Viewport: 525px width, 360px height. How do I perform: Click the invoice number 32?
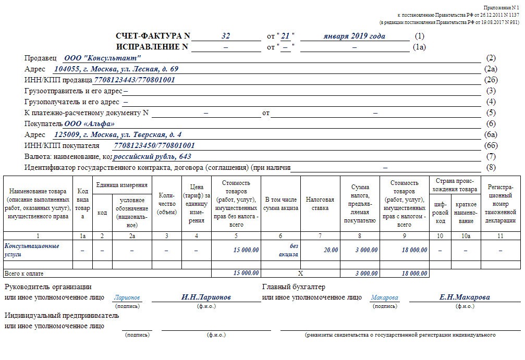point(226,36)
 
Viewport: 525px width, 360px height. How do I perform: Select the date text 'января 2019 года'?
point(354,36)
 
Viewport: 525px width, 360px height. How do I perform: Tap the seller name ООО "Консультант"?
point(102,58)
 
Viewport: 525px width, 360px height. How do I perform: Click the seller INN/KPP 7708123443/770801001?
point(135,80)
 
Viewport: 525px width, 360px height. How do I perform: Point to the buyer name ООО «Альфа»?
point(89,124)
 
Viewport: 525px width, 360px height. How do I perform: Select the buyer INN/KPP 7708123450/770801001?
point(154,146)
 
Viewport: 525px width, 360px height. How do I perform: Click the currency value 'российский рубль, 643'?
point(152,156)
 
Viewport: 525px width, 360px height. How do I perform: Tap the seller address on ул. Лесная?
point(116,69)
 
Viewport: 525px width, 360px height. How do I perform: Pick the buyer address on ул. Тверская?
point(118,135)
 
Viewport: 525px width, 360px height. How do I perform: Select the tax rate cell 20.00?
point(331,250)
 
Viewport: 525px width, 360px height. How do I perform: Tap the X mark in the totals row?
point(300,273)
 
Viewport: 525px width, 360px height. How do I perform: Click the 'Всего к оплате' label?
point(24,274)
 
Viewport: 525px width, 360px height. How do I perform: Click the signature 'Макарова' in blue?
point(384,298)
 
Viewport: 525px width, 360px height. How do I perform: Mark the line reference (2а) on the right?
point(491,69)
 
